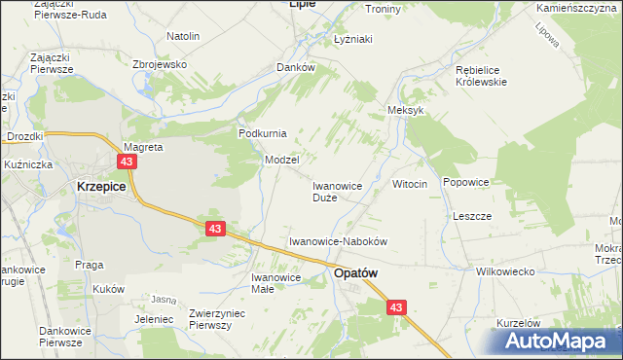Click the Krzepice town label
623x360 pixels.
click(100, 186)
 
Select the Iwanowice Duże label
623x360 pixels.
click(337, 191)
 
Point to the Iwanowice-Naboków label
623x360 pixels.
click(339, 240)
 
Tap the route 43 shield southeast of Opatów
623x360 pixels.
click(394, 306)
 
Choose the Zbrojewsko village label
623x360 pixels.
click(159, 64)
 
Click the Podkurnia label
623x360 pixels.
click(262, 133)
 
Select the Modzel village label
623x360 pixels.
click(281, 159)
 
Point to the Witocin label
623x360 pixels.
click(409, 184)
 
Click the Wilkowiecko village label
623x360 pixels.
click(505, 271)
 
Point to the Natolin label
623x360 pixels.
click(183, 36)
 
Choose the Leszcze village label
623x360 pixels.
click(472, 216)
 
